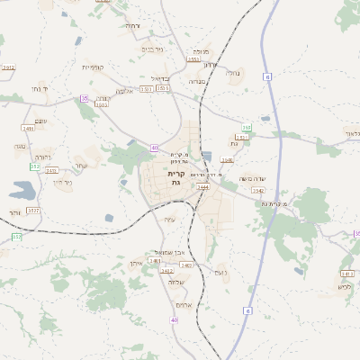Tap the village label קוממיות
pos(94,67)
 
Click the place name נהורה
pos(21,145)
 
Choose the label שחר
pos(81,165)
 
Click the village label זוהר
pos(16,212)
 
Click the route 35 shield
pos(85,98)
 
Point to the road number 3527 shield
pos(33,210)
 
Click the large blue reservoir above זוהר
pos(22,190)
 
